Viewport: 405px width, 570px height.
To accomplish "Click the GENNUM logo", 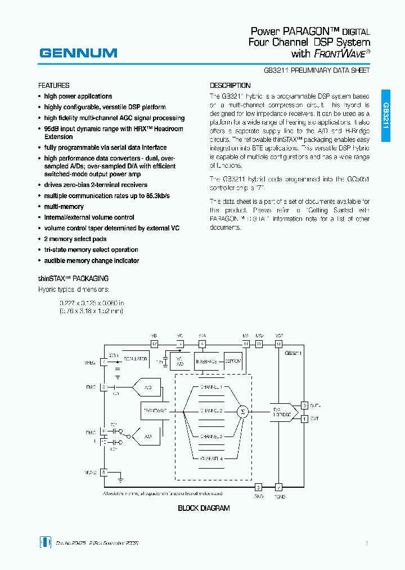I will [x=78, y=53].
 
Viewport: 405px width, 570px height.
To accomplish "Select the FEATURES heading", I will [x=54, y=86].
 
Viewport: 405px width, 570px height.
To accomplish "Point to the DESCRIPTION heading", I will [x=230, y=86].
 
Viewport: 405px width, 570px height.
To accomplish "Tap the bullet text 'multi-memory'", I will [x=64, y=207].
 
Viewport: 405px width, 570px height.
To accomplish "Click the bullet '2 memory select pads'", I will [x=75, y=239].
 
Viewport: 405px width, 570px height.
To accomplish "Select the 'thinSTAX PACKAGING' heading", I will [x=73, y=278].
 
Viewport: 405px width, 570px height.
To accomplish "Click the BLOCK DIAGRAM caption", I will [x=204, y=508].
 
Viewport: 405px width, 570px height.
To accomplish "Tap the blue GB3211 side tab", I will [x=386, y=116].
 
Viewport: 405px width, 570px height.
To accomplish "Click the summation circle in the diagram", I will [x=243, y=411].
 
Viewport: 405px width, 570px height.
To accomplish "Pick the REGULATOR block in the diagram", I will [x=135, y=359].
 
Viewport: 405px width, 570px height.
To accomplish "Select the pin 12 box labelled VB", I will [x=154, y=344].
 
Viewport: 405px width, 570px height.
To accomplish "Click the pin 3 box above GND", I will [x=258, y=487].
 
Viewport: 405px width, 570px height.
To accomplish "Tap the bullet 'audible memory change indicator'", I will [x=92, y=261].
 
